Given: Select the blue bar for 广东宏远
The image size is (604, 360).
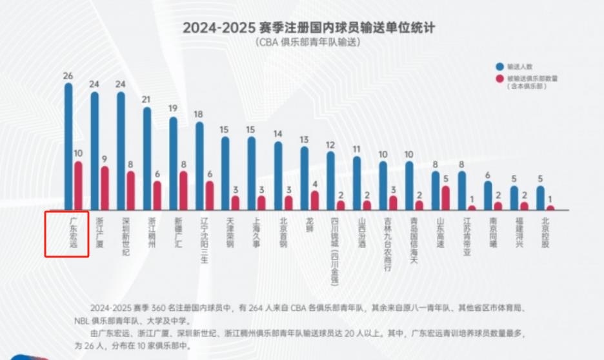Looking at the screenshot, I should [68, 145].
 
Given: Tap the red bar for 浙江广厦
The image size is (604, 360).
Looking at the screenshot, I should [105, 188].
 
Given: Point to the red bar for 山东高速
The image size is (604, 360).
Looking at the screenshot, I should [445, 197].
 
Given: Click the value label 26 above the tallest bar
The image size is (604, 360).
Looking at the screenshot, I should [68, 75].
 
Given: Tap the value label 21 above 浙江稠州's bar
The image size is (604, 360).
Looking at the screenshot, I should [146, 99].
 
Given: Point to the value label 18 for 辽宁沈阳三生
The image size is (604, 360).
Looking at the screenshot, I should [199, 114].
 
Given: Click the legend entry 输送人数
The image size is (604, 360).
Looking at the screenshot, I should [521, 66].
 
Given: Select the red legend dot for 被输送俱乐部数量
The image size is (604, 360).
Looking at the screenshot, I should [499, 78].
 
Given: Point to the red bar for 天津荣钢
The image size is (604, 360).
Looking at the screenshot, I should [235, 203].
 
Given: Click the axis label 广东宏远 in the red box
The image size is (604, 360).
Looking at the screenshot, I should [73, 233].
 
